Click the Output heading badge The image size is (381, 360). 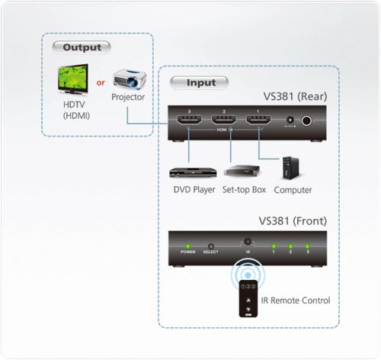(81, 47)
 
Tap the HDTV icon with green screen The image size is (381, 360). (74, 79)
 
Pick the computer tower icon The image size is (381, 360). (293, 169)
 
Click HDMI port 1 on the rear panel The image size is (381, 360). (257, 120)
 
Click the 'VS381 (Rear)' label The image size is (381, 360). (294, 97)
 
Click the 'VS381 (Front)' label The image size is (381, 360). (293, 221)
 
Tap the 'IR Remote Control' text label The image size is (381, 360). (296, 301)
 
